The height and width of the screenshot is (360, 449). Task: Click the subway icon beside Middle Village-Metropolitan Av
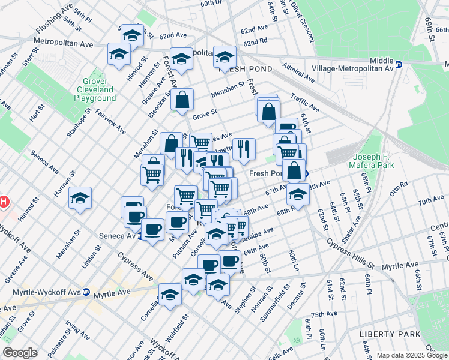398,63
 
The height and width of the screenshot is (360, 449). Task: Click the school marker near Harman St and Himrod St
80,198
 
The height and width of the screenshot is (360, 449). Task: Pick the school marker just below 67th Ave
297,194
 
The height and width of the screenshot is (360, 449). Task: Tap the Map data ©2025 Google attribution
412,355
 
